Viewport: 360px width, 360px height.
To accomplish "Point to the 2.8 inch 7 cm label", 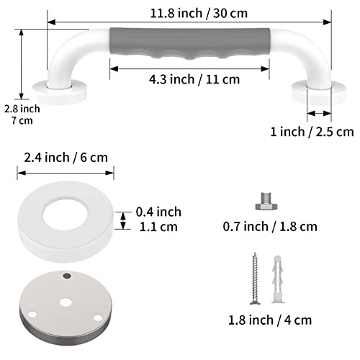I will tap(21, 114).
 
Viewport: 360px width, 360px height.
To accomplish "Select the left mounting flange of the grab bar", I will tap(60, 91).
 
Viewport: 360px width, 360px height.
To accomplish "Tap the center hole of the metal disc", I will tap(66, 294).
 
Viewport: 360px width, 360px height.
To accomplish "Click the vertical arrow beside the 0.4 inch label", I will tap(124, 217).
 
